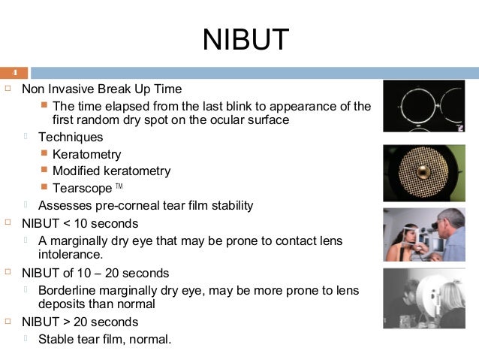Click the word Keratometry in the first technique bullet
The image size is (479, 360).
(x=86, y=154)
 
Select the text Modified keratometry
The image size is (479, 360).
(x=111, y=171)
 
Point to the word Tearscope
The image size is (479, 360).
(x=82, y=187)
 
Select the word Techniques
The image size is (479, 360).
(x=71, y=138)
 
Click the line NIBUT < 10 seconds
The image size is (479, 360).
(x=80, y=223)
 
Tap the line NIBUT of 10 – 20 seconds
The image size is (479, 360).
(x=95, y=273)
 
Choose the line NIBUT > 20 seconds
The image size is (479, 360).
(x=80, y=322)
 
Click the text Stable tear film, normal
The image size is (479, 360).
(x=104, y=339)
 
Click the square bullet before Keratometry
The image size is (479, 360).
(x=45, y=154)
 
